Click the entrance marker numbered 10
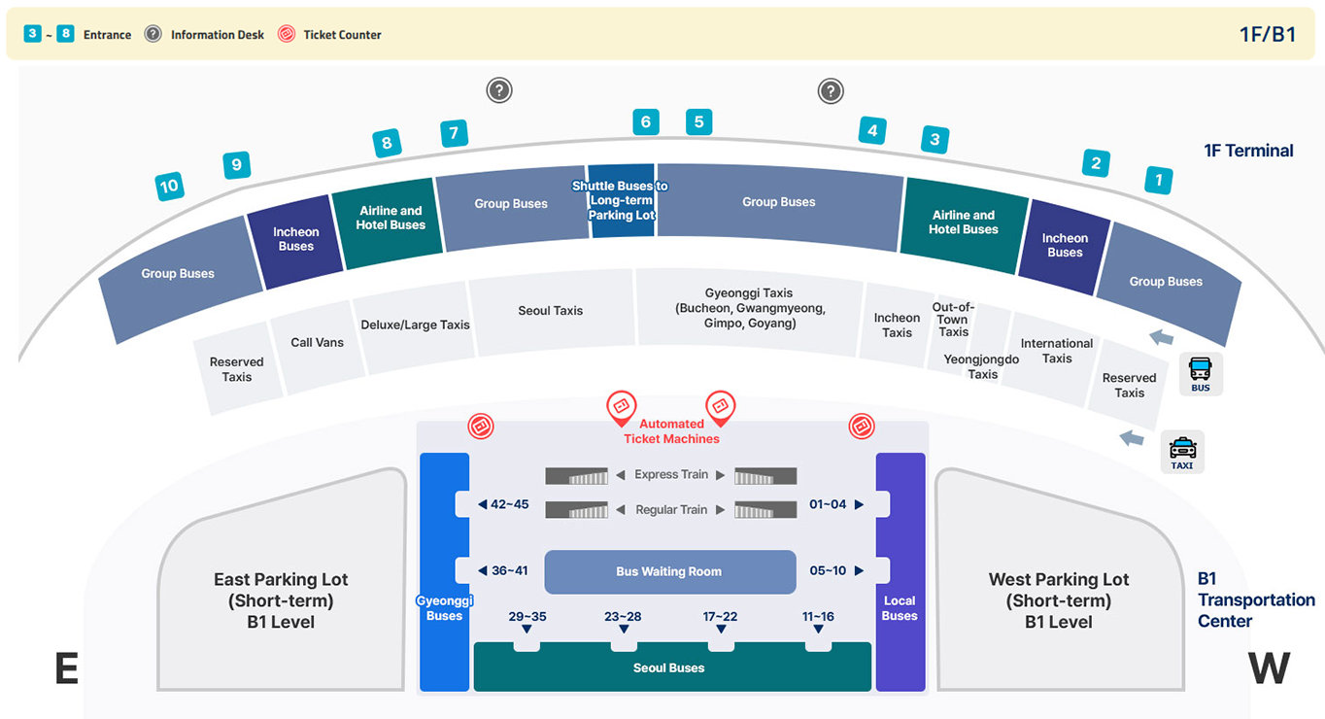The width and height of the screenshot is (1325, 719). pos(170,186)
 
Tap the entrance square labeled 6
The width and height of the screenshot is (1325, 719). pos(645,121)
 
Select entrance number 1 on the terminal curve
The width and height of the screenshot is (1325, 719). pos(1157,180)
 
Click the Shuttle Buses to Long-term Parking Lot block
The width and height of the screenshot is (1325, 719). pos(621,200)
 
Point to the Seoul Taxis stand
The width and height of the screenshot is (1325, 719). pos(550,311)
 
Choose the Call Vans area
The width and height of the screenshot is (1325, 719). pos(317,342)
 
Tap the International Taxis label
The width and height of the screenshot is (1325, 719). pos(1056,351)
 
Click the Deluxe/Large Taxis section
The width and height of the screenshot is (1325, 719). pos(415,325)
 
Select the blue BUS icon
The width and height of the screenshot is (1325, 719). pos(1201,370)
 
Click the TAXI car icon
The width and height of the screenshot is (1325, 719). pos(1182,449)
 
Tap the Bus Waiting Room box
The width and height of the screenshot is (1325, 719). pos(669,571)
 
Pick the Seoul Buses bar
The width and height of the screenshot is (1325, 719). pos(669,668)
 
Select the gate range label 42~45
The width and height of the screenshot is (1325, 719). pos(509,504)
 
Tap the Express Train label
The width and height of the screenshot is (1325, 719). pos(671,475)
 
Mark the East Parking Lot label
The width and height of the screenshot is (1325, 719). pos(281,600)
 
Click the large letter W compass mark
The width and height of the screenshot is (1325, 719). pos(1269,668)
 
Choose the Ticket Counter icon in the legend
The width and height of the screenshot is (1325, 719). pos(286,34)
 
